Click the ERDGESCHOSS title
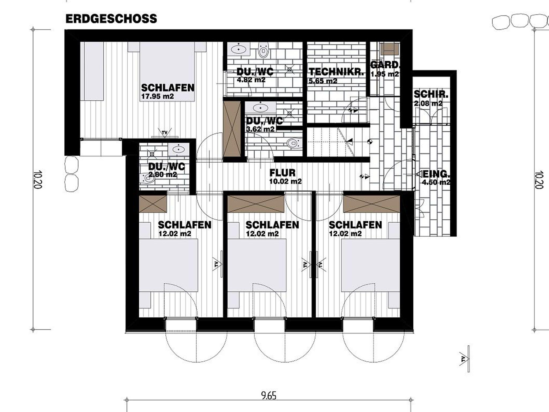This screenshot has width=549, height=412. (111, 19)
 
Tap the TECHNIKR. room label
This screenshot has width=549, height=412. (337, 72)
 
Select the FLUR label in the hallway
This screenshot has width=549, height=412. (283, 173)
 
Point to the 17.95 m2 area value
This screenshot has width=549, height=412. (157, 96)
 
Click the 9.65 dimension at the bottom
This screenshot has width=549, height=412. (269, 395)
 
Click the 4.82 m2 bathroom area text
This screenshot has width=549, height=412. (251, 80)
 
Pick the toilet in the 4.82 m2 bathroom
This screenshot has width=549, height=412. (263, 50)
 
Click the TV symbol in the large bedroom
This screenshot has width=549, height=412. (165, 133)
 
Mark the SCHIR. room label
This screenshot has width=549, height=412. (431, 95)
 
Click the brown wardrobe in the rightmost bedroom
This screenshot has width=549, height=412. (372, 204)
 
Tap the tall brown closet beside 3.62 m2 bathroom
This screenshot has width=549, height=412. (232, 129)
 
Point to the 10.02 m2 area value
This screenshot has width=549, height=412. (285, 181)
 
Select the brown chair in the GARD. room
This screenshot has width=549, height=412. (390, 49)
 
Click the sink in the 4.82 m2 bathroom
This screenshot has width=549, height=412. (239, 50)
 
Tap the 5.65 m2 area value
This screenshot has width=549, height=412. (323, 81)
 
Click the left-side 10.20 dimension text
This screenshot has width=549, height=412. (38, 179)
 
